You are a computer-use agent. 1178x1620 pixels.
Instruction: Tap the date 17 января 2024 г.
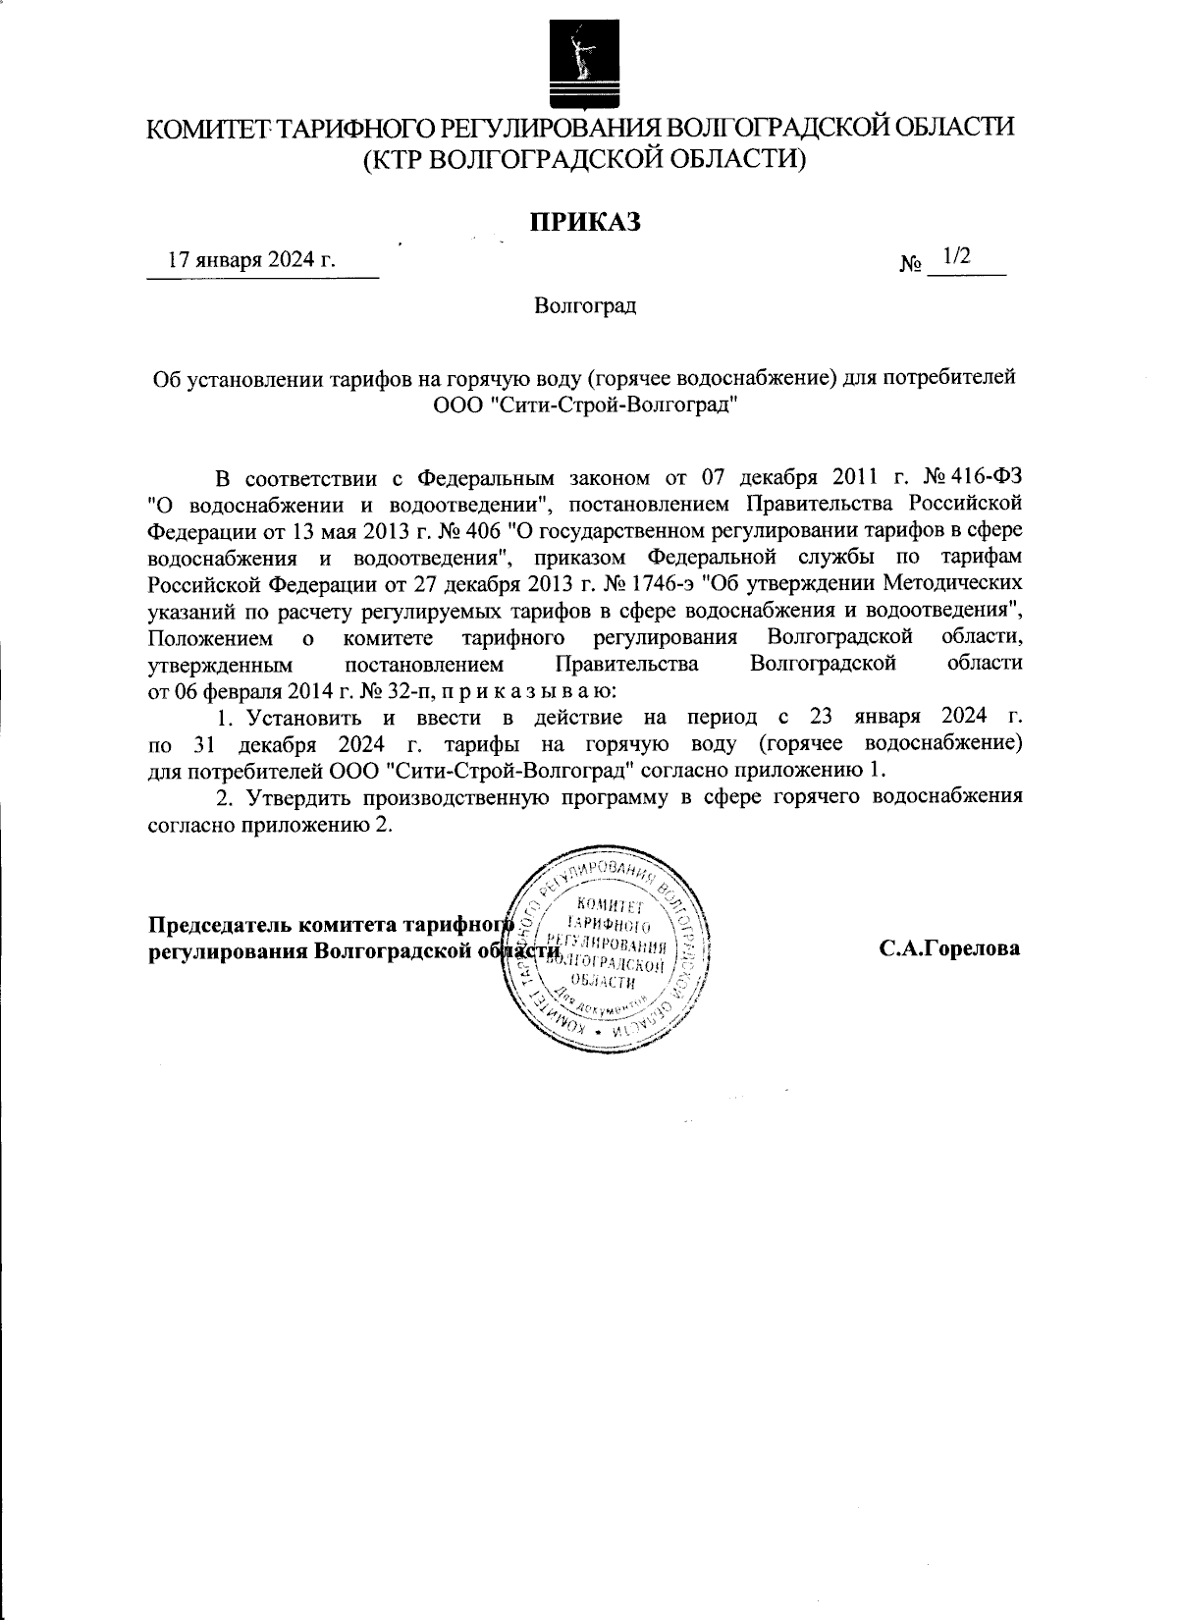[251, 260]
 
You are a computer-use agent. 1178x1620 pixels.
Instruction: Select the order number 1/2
[955, 257]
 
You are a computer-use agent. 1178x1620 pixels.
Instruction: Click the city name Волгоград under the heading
[586, 306]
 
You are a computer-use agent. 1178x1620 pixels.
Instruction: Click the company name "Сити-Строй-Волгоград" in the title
[614, 404]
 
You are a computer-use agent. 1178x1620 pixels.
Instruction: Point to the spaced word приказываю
[529, 690]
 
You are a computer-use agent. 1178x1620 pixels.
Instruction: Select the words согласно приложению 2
[270, 824]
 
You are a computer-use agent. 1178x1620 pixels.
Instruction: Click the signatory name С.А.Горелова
[949, 949]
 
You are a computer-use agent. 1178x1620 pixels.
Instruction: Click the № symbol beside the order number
[910, 264]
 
